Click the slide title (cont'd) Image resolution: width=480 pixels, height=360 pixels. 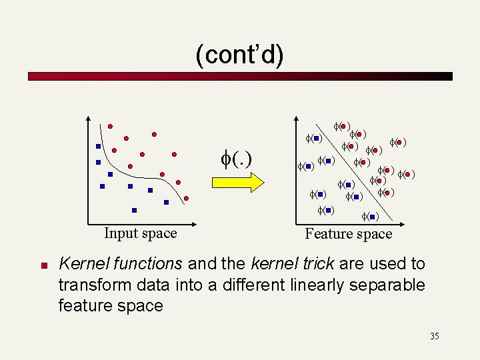click(x=239, y=55)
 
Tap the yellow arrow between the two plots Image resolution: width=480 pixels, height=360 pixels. click(x=239, y=181)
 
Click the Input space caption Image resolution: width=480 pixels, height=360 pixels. click(x=140, y=233)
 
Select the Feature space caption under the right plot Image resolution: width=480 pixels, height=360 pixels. click(x=348, y=234)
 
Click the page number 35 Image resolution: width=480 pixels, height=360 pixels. click(x=434, y=336)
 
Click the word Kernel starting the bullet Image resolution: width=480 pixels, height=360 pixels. click(x=80, y=264)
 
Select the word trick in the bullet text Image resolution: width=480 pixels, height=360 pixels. click(x=315, y=264)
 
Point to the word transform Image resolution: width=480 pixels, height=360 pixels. click(x=87, y=285)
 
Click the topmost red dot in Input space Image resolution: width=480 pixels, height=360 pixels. click(x=111, y=125)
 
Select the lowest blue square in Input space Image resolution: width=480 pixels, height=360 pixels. click(x=134, y=210)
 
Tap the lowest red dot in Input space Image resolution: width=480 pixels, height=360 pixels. click(x=187, y=199)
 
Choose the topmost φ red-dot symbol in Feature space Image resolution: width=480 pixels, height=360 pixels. click(x=343, y=125)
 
